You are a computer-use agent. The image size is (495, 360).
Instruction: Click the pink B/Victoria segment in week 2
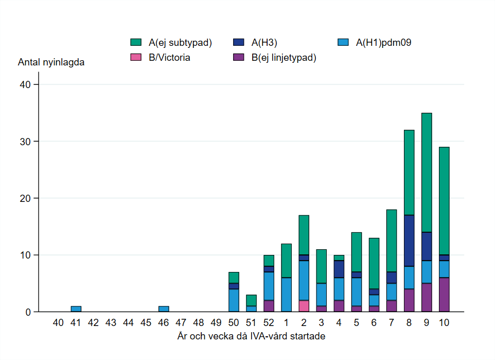304,306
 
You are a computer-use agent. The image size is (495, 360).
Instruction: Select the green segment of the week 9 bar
427,173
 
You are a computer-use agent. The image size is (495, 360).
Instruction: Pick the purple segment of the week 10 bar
444,295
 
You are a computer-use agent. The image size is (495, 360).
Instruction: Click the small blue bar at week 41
76,309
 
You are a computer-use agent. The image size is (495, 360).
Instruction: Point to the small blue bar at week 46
164,309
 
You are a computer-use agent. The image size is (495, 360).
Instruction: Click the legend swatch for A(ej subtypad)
136,43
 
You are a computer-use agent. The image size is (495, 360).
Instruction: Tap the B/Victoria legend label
169,58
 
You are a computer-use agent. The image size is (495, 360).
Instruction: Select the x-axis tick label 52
269,322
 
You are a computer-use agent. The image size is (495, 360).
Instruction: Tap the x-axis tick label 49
216,322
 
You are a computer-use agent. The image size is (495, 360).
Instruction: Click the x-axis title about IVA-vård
251,336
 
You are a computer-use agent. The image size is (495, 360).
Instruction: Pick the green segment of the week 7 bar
392,241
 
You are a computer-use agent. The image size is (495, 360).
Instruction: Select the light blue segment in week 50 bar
234,300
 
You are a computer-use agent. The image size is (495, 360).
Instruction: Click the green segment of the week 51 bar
251,300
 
